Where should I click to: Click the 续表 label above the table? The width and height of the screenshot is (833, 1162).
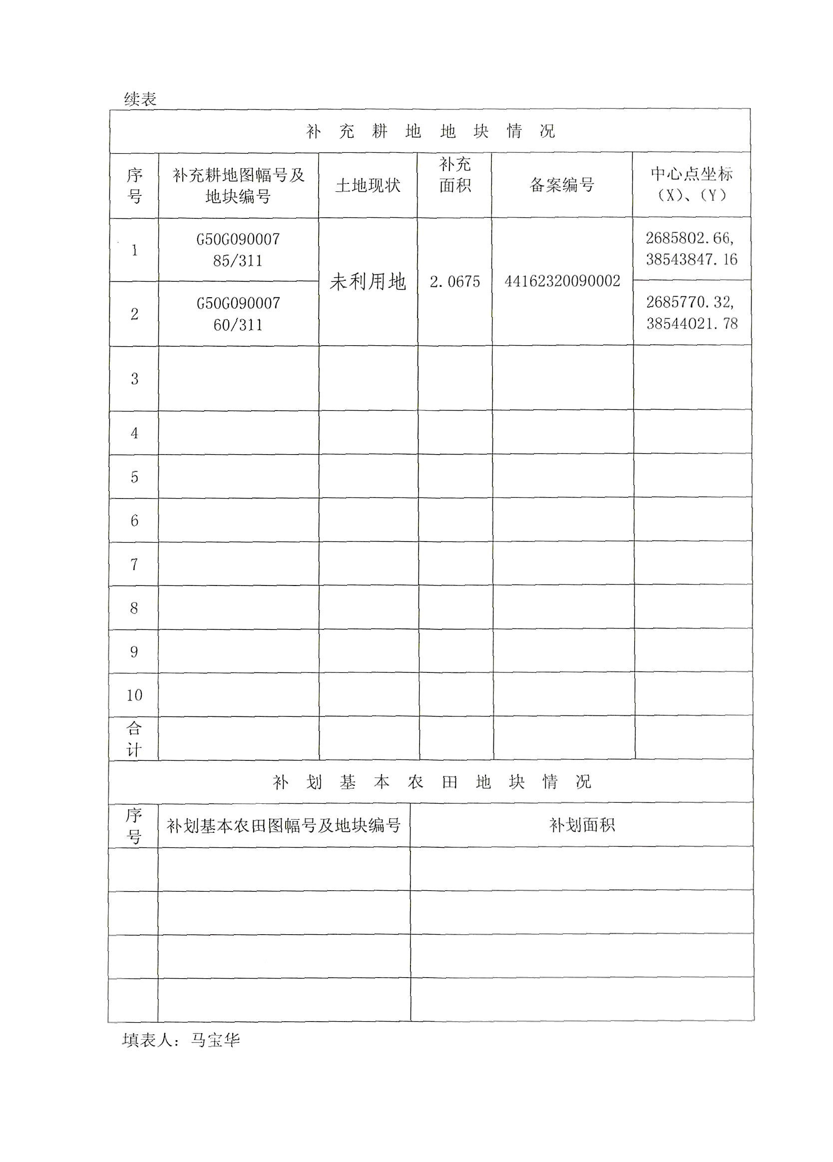[140, 99]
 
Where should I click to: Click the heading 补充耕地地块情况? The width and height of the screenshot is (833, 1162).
[430, 132]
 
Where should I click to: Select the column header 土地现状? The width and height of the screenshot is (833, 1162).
[368, 185]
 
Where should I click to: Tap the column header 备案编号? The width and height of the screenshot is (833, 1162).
[561, 185]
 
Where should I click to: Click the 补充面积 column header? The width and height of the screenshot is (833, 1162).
[454, 175]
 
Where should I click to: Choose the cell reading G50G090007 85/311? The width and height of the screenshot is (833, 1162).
[238, 250]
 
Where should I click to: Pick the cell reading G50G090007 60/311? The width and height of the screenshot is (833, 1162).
[238, 314]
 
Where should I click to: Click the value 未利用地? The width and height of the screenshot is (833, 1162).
[368, 281]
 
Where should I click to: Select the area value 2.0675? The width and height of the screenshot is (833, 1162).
[454, 282]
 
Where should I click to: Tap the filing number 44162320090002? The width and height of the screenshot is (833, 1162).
[562, 281]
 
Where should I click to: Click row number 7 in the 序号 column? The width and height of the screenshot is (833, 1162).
[134, 565]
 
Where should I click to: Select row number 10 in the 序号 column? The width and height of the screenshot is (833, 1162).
[134, 695]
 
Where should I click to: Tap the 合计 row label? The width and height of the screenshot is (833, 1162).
[134, 739]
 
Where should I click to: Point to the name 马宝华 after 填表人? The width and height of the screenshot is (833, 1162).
[215, 1040]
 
